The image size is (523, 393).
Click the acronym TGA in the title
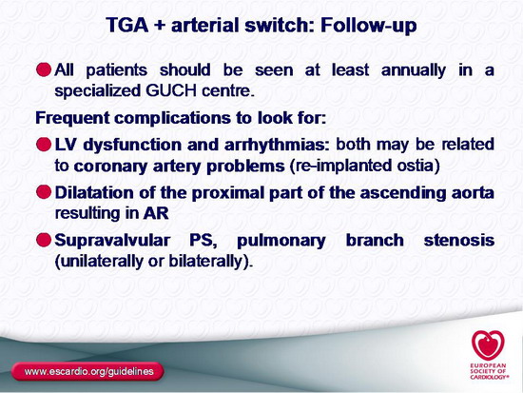coord(127,26)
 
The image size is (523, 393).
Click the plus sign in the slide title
coord(160,26)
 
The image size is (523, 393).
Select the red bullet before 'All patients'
coord(44,69)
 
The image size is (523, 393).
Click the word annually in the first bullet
coord(414,70)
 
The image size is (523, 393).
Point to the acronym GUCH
coord(171,90)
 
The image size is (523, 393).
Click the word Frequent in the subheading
coord(72,118)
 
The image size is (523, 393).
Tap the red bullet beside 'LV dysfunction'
coord(44,145)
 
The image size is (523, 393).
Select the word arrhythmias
coord(277,146)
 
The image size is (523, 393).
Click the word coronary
coord(110,167)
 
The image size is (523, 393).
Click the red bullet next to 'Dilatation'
coord(44,192)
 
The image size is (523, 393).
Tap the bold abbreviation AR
coord(156,214)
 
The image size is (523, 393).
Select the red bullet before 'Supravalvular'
coord(44,240)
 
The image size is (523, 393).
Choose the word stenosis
coord(459,241)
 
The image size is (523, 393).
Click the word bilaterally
coord(205,262)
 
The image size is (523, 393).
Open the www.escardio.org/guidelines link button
coord(87,372)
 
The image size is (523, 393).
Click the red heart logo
coord(488,345)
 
